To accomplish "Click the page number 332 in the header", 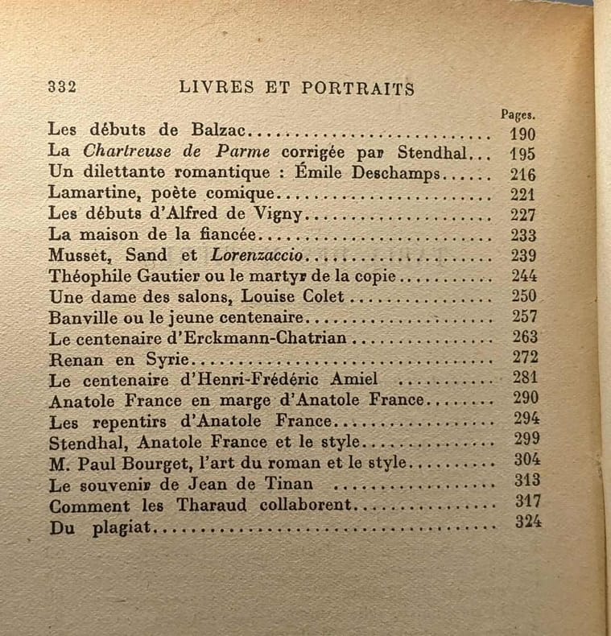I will (62, 88).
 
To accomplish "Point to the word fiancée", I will (221, 235).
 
